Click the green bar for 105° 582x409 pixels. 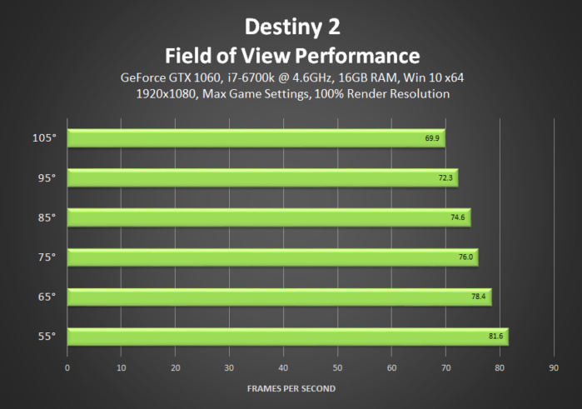click(256, 137)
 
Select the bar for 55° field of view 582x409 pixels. click(287, 337)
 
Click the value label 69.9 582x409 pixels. click(431, 137)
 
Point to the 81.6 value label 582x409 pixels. click(495, 337)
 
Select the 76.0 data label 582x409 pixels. click(465, 257)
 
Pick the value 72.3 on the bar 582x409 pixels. click(445, 177)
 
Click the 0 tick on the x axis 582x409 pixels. click(67, 367)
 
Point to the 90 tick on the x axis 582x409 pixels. click(554, 367)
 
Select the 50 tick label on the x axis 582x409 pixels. click(337, 367)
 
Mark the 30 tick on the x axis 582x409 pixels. click(229, 367)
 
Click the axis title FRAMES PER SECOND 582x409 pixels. click(291, 388)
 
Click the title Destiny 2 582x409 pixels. click(291, 27)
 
